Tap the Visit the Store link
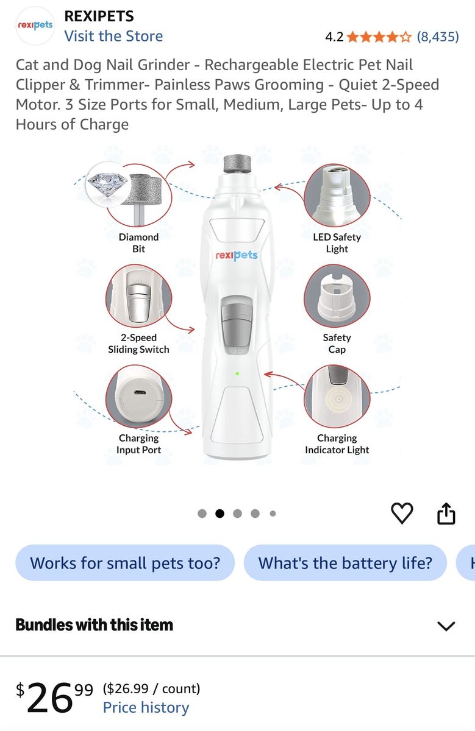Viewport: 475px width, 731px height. click(x=113, y=36)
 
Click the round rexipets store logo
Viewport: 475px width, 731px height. click(x=35, y=26)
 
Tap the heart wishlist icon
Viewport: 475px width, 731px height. click(x=402, y=514)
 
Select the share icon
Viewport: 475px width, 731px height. click(x=446, y=514)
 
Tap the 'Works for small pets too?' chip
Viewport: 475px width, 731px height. click(x=125, y=563)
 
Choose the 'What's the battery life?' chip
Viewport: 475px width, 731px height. click(x=345, y=563)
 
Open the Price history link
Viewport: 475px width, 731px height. click(x=146, y=707)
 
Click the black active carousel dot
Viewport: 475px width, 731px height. click(x=220, y=514)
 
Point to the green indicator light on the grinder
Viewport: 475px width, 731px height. click(x=237, y=373)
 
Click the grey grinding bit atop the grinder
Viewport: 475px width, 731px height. click(x=238, y=164)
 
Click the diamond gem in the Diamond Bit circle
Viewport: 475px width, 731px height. click(x=107, y=184)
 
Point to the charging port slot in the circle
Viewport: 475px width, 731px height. click(x=139, y=392)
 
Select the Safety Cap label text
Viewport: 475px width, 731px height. click(x=337, y=344)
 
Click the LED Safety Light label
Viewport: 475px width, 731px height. click(x=337, y=243)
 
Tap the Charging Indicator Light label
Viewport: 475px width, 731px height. click(x=337, y=444)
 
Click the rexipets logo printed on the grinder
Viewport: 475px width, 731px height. click(x=237, y=255)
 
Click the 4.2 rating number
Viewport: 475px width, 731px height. click(x=334, y=37)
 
